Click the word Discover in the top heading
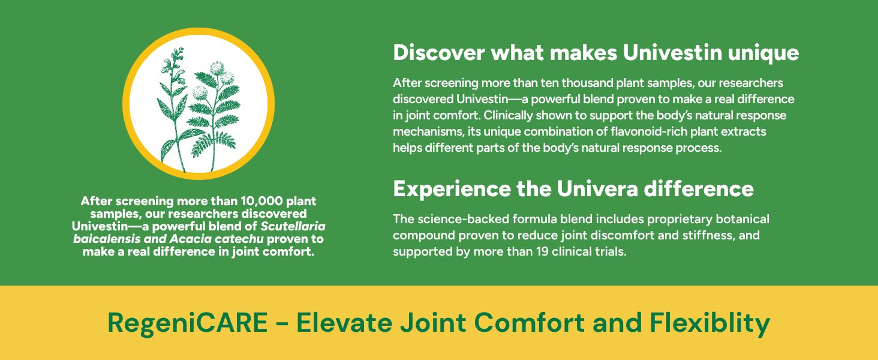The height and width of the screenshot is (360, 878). pyautogui.click(x=439, y=53)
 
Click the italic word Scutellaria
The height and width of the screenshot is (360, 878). pyautogui.click(x=293, y=226)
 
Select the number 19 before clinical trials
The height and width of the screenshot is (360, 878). pyautogui.click(x=542, y=251)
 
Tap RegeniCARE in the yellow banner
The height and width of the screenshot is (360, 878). pyautogui.click(x=188, y=323)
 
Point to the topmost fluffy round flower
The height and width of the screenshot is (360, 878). pyautogui.click(x=217, y=68)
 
